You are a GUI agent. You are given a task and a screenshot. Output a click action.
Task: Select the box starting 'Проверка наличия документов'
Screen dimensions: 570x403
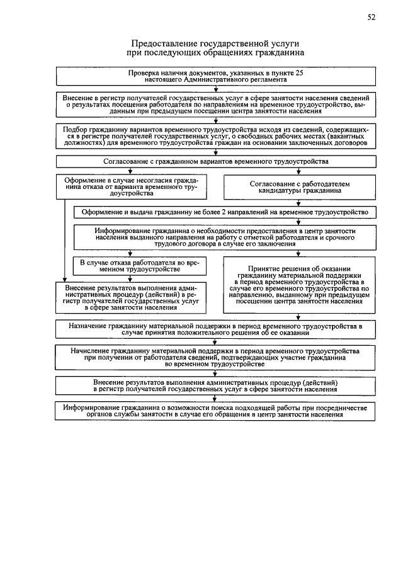(216, 77)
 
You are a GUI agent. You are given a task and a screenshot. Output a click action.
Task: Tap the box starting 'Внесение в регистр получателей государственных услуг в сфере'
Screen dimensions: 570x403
(216, 104)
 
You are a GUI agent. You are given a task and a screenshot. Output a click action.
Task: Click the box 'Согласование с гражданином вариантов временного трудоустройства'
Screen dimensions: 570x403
(216, 161)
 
